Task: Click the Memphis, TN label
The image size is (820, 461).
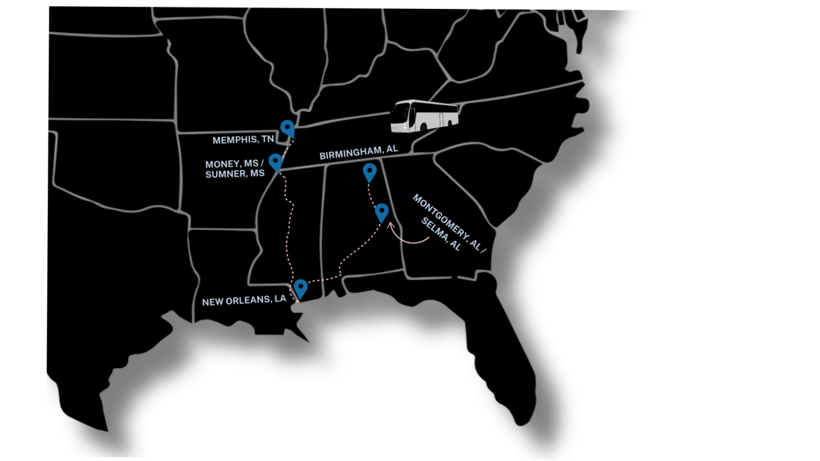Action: pos(243,140)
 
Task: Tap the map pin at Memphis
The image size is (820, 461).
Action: pos(288,128)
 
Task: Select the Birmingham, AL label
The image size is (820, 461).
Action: pos(359,152)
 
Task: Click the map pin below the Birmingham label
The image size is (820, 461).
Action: pos(370,172)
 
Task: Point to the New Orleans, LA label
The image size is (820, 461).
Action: pos(244,301)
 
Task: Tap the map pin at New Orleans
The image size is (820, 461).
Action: pos(301,288)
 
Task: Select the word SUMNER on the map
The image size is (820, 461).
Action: pos(222,174)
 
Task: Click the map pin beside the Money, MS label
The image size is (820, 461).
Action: pos(275,162)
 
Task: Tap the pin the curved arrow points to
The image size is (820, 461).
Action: pos(382,212)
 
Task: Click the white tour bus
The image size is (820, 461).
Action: pos(424,116)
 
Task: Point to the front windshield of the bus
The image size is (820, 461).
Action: pos(400,115)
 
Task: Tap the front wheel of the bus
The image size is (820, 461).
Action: pos(424,128)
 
